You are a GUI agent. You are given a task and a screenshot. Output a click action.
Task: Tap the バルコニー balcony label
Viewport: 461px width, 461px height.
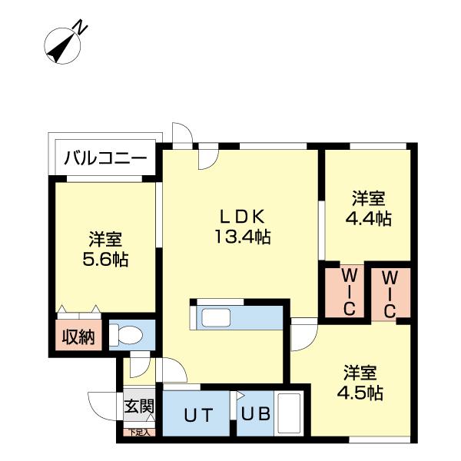(x=105, y=159)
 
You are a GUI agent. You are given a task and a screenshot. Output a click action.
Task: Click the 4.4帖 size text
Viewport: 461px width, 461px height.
(x=368, y=218)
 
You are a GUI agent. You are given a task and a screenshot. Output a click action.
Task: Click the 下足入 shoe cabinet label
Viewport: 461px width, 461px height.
(x=140, y=433)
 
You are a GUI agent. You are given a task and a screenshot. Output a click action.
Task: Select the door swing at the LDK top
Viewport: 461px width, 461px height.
(x=206, y=158)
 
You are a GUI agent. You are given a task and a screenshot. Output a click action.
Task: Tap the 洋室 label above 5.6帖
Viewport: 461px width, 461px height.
(x=105, y=239)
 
